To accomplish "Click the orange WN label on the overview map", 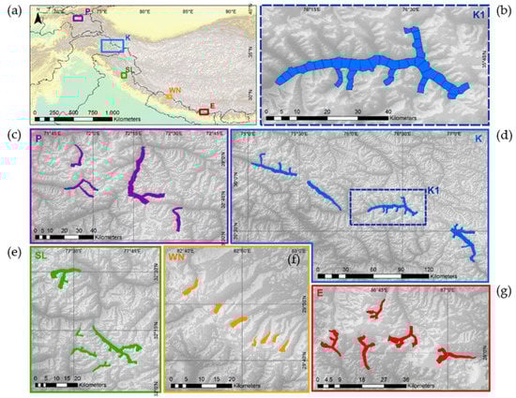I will pos(173,91).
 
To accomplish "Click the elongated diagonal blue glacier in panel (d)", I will pos(323,195).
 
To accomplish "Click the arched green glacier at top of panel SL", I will pos(66,274).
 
